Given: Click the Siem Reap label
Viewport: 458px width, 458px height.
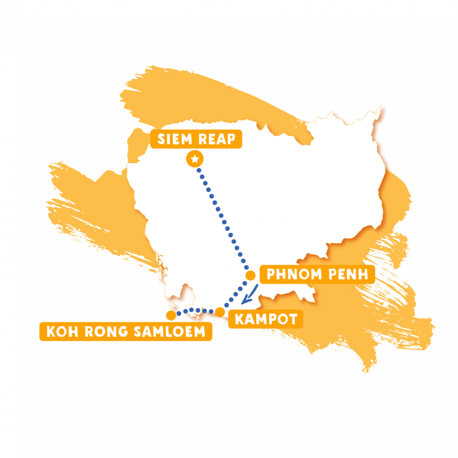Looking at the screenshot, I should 196,139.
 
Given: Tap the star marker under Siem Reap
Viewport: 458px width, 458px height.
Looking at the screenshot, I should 195,159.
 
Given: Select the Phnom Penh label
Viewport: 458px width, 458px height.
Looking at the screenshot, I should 317,274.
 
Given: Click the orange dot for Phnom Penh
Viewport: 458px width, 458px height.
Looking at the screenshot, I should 250,276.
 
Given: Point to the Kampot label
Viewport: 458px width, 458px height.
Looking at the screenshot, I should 266,319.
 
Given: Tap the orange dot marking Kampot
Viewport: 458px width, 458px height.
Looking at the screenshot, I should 220,312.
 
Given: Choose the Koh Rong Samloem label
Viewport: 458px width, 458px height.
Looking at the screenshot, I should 126,332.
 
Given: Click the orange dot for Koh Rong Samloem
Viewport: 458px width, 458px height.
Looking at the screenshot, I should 171,315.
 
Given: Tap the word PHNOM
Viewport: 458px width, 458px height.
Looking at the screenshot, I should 294,274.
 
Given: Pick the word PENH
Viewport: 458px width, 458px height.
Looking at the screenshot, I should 348,274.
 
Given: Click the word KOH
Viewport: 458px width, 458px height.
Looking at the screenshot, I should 62,332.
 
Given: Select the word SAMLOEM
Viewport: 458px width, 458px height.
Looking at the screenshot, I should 169,332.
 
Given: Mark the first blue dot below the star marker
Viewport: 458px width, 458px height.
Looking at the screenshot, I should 199,170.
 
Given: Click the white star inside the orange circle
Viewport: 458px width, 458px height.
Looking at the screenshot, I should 195,159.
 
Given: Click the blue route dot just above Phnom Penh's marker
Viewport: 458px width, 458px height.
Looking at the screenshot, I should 247,267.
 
